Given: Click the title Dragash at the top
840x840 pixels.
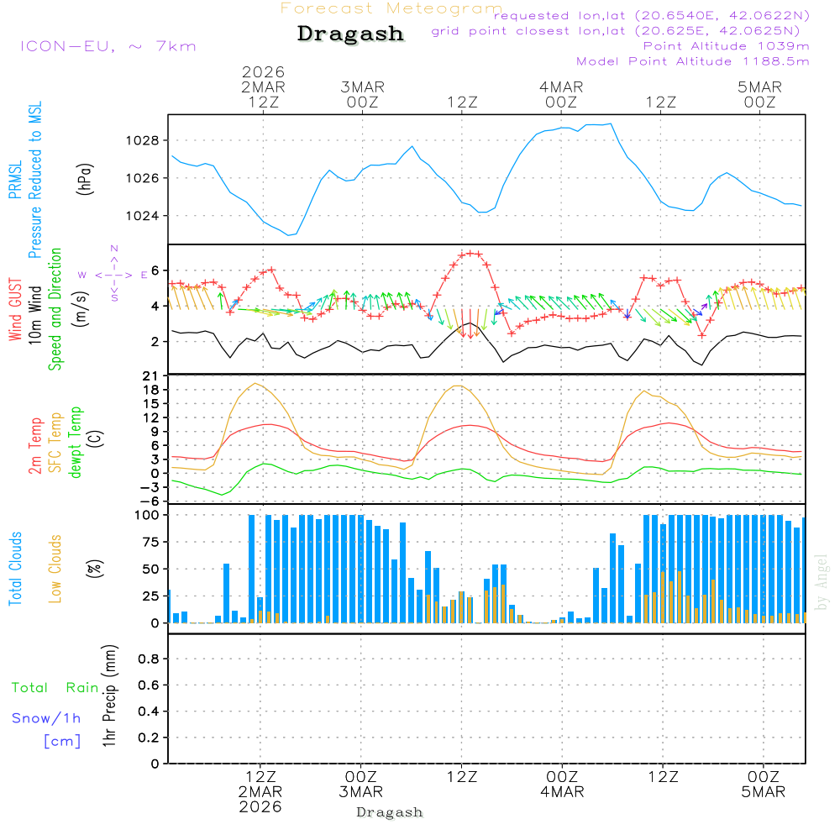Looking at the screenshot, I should coord(350,34).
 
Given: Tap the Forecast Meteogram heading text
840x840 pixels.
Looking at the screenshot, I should coord(391,8).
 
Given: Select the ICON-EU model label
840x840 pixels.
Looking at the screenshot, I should coord(108,45).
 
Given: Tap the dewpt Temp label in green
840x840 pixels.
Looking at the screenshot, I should coord(76,442).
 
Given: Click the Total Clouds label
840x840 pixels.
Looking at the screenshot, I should coord(15,569).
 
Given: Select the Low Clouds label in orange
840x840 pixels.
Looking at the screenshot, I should coord(55,568).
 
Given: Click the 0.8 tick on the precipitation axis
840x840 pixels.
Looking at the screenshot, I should coord(148,659).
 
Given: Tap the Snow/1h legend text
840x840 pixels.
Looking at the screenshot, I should coord(47,718).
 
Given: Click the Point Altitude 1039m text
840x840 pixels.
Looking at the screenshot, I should coord(727,45).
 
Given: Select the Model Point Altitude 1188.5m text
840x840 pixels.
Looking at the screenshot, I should coord(693,61).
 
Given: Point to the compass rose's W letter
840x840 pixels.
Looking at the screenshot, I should coord(82,275).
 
